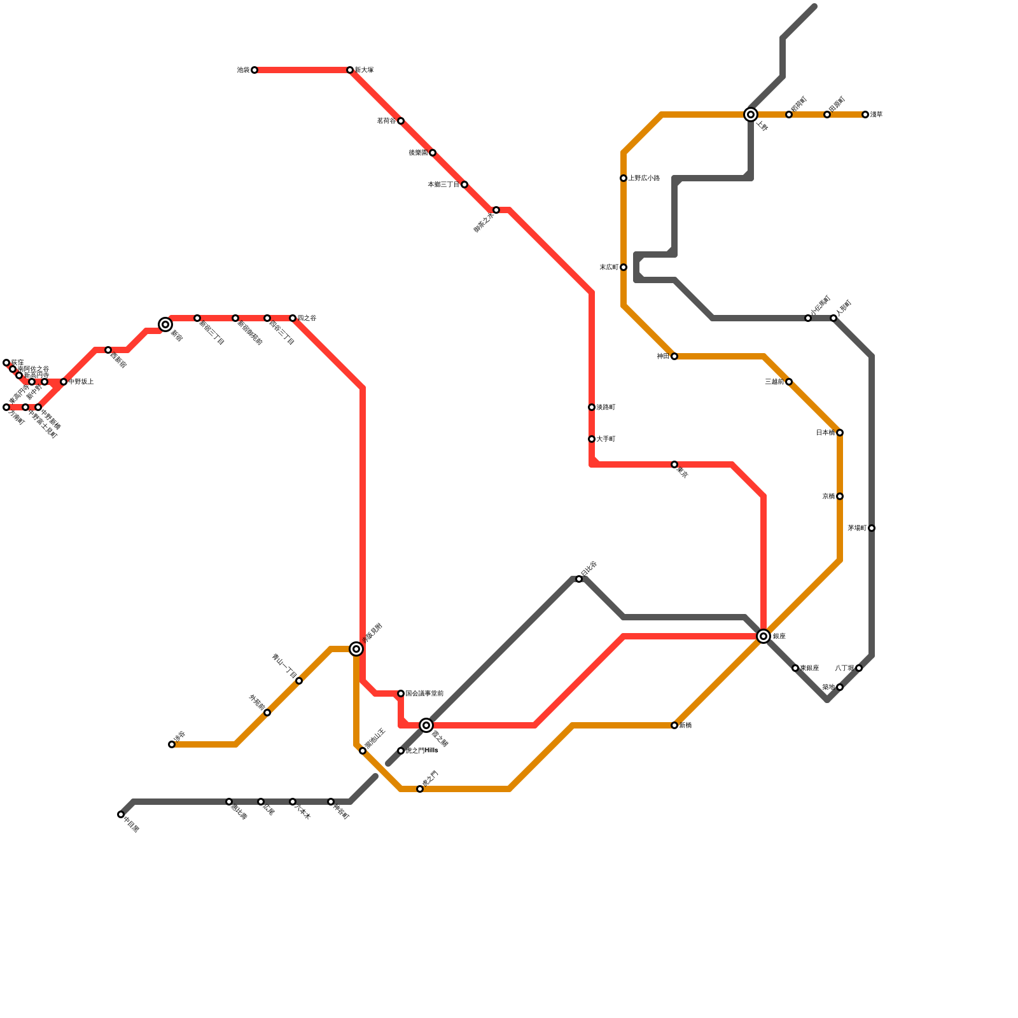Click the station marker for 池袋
tap(254, 70)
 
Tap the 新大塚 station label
tap(364, 70)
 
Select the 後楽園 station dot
tap(433, 153)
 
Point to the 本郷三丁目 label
tap(443, 185)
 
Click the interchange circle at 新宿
tap(165, 324)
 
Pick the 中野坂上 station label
tap(81, 382)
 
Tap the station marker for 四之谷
tap(293, 318)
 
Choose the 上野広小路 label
tap(644, 178)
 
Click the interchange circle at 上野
tap(751, 115)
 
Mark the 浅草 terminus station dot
tap(865, 115)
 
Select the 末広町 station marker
tap(624, 267)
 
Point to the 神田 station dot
tap(674, 356)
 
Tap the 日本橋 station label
tap(825, 433)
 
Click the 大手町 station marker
tap(592, 439)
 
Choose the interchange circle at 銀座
tap(763, 636)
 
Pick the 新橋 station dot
tap(674, 725)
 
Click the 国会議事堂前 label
tap(424, 694)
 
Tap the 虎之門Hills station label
tap(422, 751)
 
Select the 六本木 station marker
tap(293, 802)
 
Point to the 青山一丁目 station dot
tap(299, 681)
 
